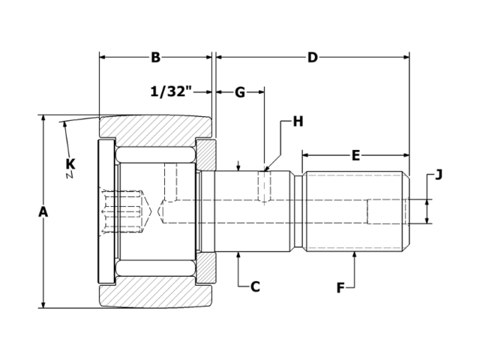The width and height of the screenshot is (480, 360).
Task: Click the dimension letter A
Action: pos(43,212)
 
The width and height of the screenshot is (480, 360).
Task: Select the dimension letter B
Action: pos(156,57)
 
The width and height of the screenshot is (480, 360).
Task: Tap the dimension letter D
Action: pos(313,57)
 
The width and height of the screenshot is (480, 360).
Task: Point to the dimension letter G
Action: pos(240,92)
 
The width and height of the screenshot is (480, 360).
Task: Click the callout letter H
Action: pos(298,121)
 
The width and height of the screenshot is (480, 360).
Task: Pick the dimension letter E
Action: pos(355,155)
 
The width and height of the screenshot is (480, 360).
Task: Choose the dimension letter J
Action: pos(439,175)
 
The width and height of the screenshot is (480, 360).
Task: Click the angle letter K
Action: pos(70,163)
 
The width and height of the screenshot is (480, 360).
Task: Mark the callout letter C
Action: pos(255,286)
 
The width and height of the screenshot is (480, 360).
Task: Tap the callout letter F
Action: pos(340,286)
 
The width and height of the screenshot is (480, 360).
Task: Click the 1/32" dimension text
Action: pos(171,92)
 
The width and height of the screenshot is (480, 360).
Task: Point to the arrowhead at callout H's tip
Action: pos(266,166)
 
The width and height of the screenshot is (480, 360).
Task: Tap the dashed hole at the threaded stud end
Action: pos(386,212)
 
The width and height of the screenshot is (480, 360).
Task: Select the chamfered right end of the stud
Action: pos(407,212)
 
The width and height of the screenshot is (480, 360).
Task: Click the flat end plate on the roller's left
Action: pos(106,211)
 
